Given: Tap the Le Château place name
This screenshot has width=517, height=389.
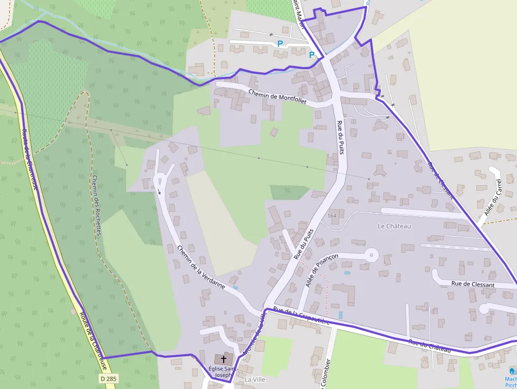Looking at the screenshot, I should click(394, 226).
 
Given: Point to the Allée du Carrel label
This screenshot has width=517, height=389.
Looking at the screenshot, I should click(493, 198).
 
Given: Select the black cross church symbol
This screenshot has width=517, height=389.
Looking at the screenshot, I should click(223, 360).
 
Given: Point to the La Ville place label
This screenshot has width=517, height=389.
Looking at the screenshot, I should click(255, 379).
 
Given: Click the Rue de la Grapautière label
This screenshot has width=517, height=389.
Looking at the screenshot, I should click(301, 315).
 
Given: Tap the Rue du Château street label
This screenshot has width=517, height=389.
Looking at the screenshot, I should click(429, 346).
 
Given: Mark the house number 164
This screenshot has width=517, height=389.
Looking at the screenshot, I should click(332, 216).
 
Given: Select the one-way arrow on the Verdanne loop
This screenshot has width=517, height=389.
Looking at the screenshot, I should click(159, 192).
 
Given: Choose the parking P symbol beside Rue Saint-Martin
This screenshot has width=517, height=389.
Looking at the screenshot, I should click(312, 54).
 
